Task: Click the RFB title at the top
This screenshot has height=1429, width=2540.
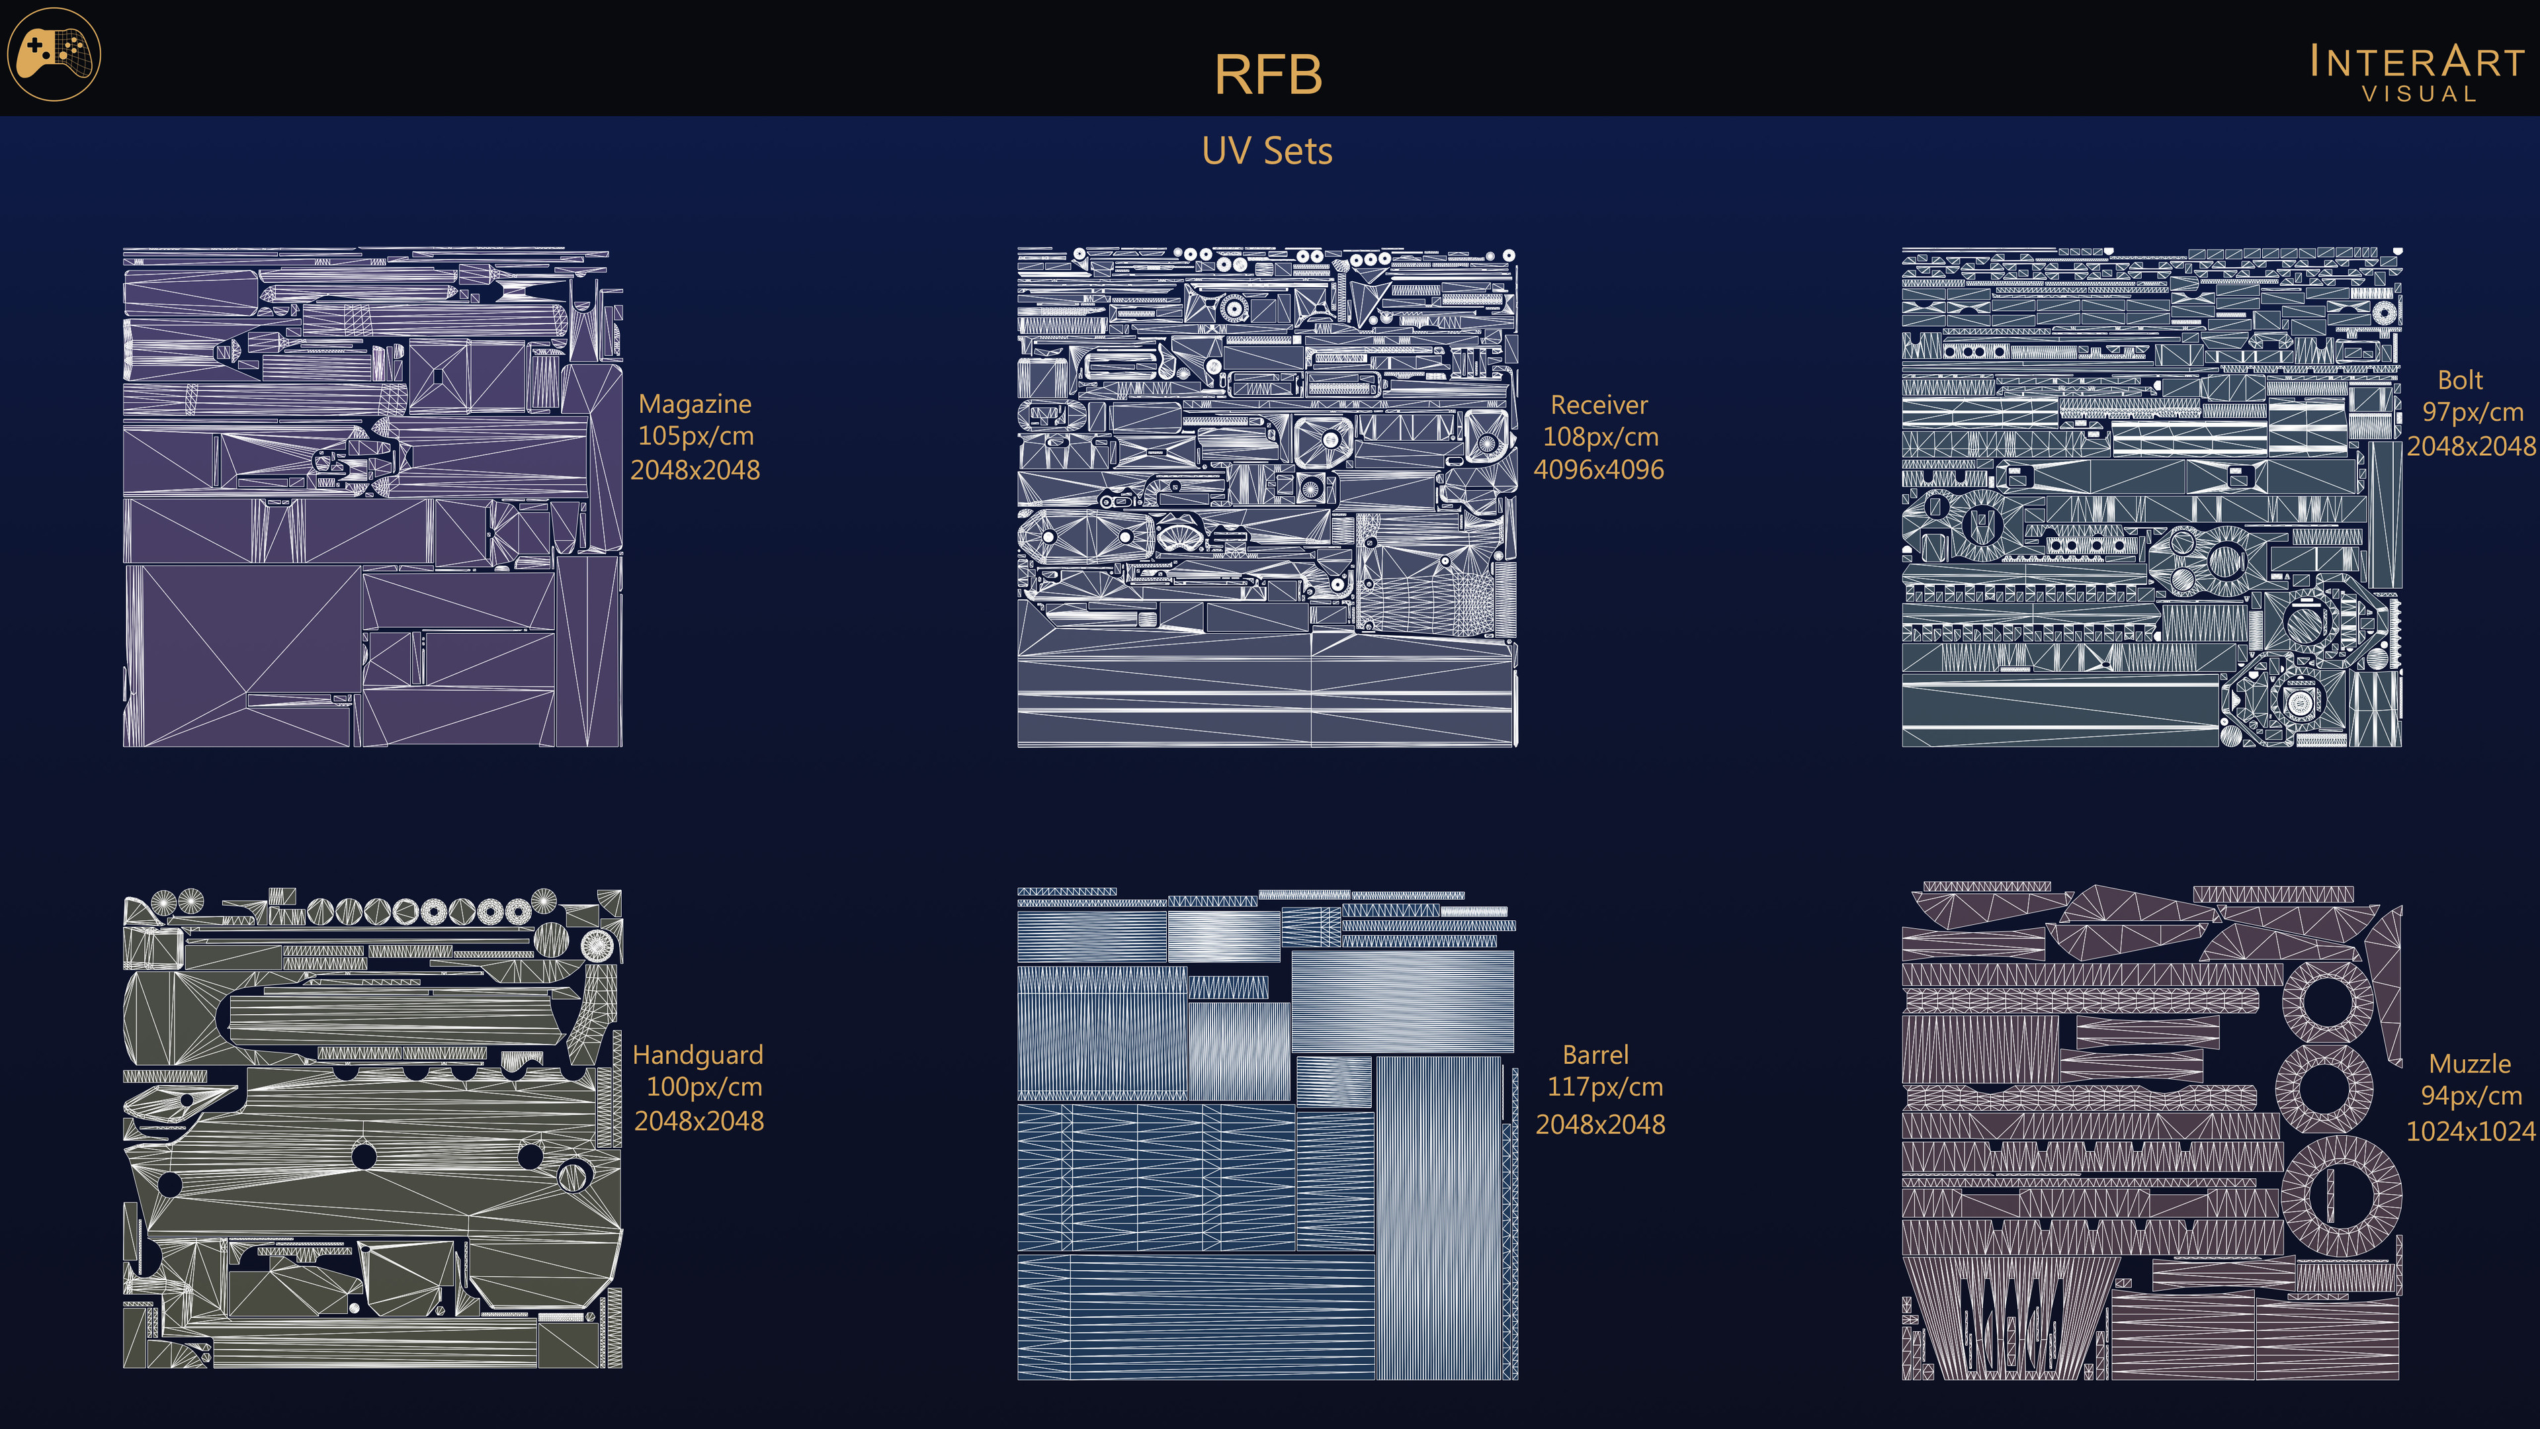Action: click(1267, 75)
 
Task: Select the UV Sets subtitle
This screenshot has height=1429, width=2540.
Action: click(1267, 151)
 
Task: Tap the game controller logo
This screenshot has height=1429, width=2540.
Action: click(54, 54)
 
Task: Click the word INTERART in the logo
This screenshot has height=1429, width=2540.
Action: click(2417, 61)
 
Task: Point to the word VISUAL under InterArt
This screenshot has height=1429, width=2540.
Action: click(2420, 95)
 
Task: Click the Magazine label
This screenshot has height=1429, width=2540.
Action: click(695, 404)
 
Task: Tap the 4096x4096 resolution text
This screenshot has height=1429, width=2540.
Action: click(1598, 470)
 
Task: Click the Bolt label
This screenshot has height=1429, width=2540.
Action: click(2460, 380)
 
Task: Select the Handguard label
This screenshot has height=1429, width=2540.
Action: click(698, 1055)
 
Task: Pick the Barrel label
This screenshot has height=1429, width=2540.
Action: click(1595, 1055)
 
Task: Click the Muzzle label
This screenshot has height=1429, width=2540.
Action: click(2470, 1063)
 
